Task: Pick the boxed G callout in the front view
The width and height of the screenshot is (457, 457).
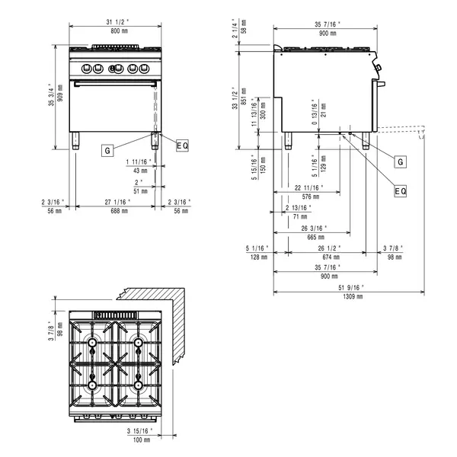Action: tap(107, 151)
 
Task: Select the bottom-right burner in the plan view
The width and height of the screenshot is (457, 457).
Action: tap(139, 385)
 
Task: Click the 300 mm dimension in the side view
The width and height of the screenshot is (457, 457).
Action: tap(264, 113)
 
